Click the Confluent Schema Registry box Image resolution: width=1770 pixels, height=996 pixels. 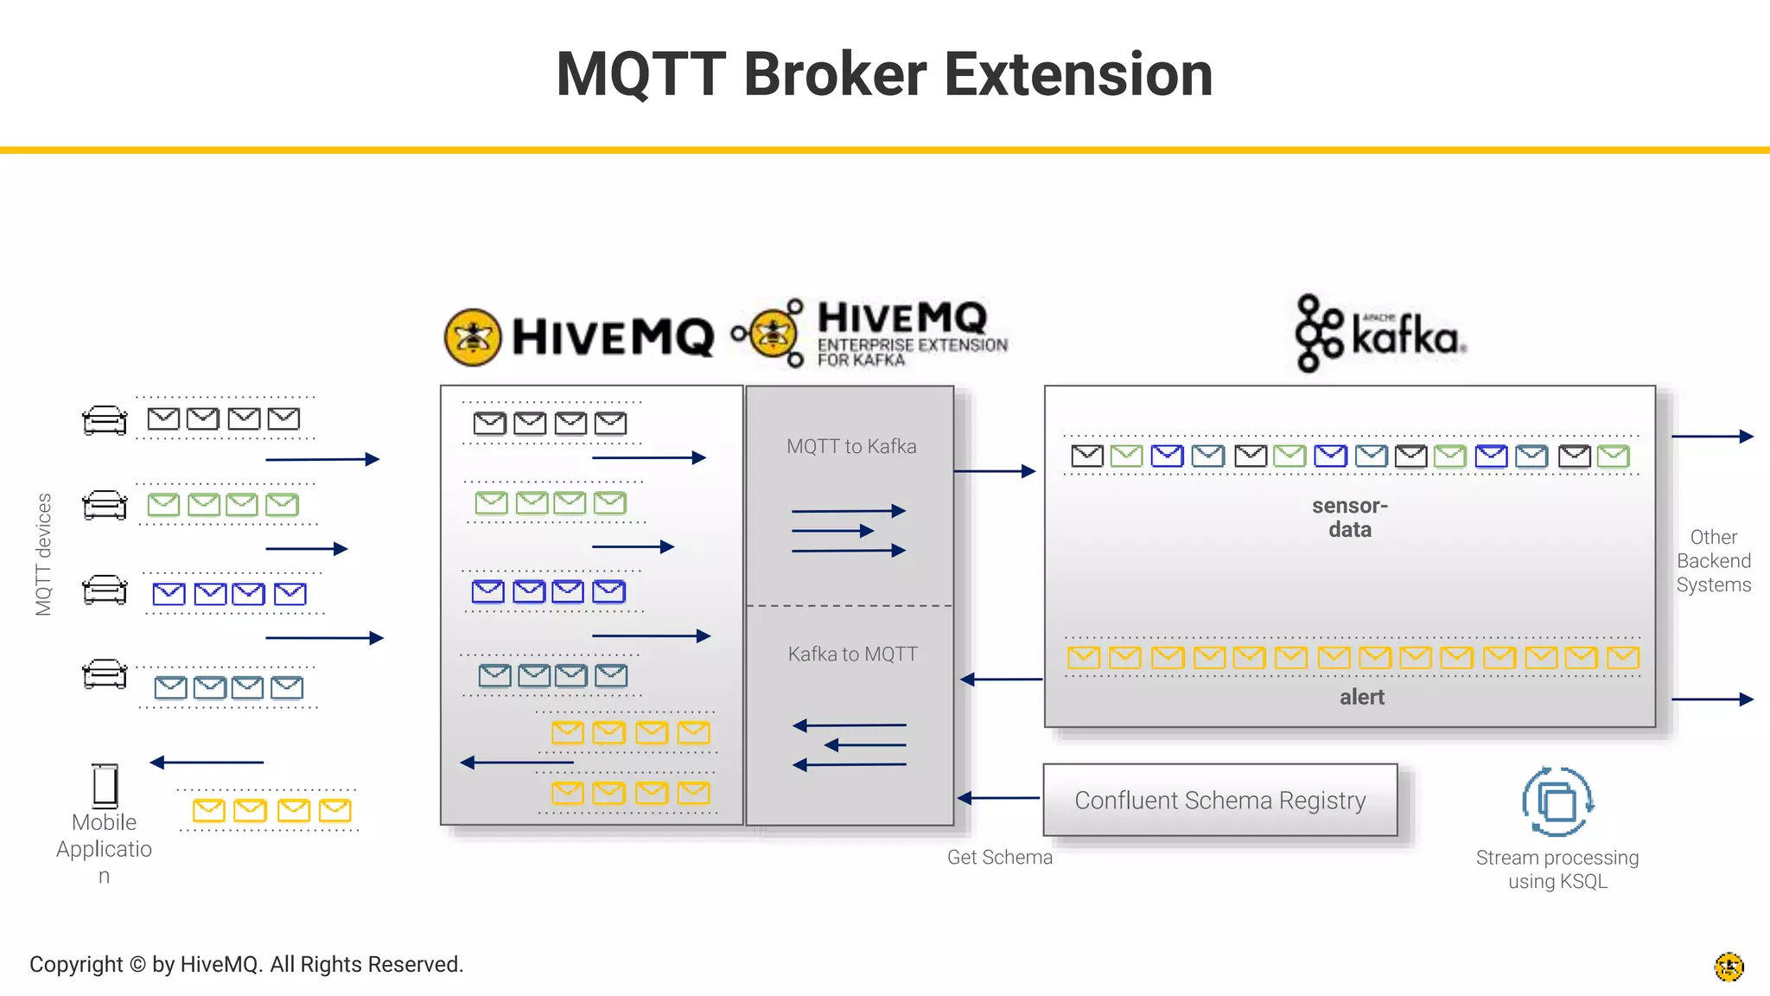tap(1219, 800)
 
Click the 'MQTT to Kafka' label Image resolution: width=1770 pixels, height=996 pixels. tap(851, 446)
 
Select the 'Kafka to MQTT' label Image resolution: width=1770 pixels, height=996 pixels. tap(852, 654)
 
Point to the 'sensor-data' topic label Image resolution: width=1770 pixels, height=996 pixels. tap(1349, 517)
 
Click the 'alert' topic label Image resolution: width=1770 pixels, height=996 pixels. tap(1361, 697)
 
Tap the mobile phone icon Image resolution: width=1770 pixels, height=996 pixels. tap(105, 785)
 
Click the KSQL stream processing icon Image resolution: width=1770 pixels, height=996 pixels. tap(1557, 801)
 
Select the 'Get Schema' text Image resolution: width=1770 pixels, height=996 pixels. tap(999, 857)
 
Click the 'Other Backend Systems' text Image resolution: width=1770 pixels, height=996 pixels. tap(1713, 560)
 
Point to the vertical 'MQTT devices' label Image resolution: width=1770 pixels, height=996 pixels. tap(43, 554)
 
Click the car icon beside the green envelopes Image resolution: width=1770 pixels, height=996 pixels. tap(105, 505)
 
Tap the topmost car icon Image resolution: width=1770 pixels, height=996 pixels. tap(105, 420)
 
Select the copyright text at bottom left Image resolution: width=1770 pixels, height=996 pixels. tap(246, 964)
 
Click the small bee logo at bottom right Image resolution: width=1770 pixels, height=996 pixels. tap(1729, 967)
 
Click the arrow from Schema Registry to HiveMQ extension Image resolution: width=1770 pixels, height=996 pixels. tap(999, 798)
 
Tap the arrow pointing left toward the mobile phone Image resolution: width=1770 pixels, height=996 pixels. tap(207, 763)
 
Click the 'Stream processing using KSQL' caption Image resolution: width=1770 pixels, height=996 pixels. tap(1557, 869)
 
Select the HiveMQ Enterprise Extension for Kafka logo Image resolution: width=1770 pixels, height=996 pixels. tap(869, 334)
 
